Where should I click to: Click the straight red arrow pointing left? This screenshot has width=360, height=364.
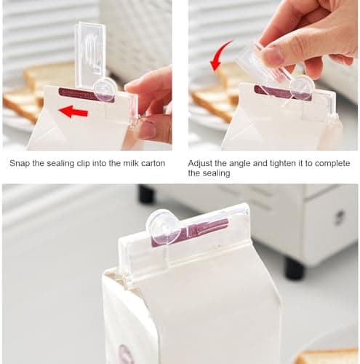[x=73, y=112]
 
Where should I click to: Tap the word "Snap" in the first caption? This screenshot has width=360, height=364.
[x=20, y=164]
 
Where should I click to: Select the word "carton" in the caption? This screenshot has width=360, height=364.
[x=153, y=163]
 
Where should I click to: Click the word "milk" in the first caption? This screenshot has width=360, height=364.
[x=131, y=163]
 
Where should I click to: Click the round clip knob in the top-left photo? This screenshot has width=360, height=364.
[x=105, y=89]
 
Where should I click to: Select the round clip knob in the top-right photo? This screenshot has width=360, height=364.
[x=302, y=87]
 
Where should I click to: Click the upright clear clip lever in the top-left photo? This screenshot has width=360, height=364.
[x=89, y=53]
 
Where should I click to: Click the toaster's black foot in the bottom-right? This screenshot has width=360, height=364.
[x=295, y=269]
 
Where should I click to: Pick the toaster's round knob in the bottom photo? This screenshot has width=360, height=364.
[x=340, y=216]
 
